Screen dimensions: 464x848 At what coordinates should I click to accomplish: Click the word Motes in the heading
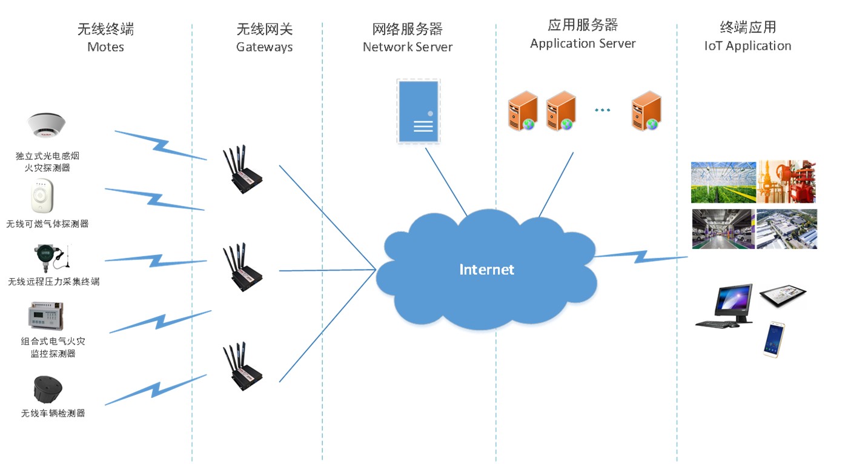click(105, 47)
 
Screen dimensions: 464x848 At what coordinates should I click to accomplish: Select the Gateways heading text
click(264, 47)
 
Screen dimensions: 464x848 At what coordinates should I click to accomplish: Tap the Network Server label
click(407, 47)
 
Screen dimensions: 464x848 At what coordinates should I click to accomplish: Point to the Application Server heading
click(583, 44)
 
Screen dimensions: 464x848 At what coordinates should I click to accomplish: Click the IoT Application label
click(747, 46)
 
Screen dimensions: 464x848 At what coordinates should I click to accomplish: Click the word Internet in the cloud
click(486, 270)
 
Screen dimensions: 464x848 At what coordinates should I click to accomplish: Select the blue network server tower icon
click(418, 112)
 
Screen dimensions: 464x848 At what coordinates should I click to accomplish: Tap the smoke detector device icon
click(47, 127)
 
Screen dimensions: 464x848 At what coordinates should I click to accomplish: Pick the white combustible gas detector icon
click(42, 196)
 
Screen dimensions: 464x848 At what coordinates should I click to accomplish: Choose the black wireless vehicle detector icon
click(48, 388)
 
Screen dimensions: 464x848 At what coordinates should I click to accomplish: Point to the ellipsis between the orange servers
click(602, 110)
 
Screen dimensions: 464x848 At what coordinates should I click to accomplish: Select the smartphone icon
click(774, 339)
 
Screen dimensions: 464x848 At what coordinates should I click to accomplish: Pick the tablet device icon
click(783, 295)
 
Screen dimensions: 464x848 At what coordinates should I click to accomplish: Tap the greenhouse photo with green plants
click(723, 182)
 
